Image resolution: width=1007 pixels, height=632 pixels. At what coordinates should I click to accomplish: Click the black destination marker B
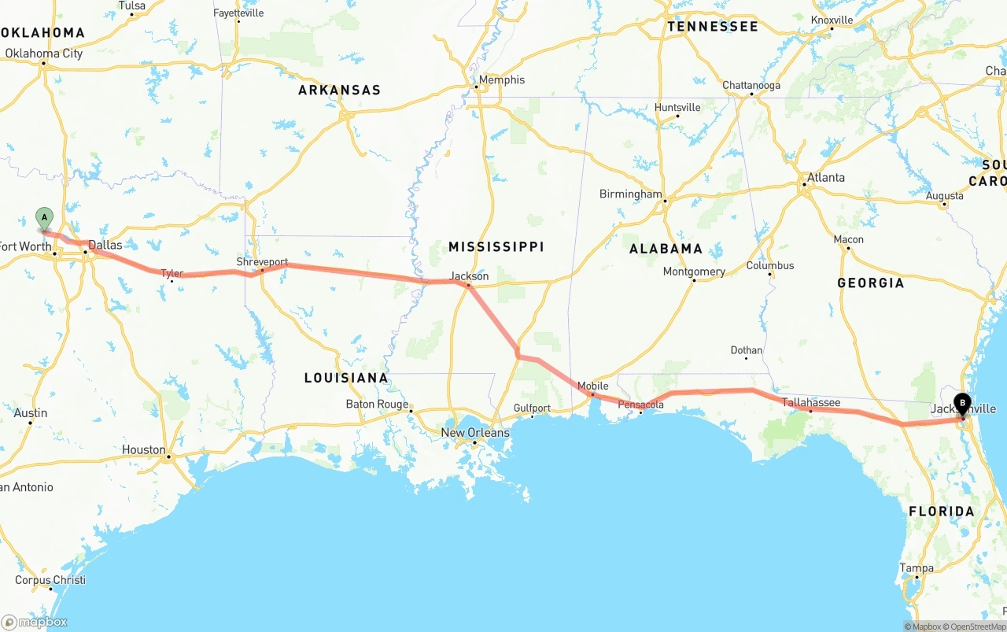[x=961, y=404]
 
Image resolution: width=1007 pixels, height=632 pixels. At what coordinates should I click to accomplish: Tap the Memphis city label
[x=501, y=79]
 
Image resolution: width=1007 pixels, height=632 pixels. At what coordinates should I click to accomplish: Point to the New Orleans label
[x=474, y=433]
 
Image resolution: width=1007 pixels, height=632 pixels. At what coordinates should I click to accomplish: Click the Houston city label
[x=143, y=449]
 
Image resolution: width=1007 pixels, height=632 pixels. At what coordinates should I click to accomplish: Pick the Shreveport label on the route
[x=262, y=261]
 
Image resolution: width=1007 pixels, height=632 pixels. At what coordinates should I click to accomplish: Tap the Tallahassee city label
[x=811, y=402]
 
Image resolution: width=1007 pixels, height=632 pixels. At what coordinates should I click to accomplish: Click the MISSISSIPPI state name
[x=496, y=246]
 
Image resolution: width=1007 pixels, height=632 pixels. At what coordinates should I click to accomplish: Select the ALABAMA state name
[x=666, y=249]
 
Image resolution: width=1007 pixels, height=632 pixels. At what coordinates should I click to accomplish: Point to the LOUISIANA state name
[x=346, y=378]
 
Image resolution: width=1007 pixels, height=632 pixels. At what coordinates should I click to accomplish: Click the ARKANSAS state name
[x=339, y=90]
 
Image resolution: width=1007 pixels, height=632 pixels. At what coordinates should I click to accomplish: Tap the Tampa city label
[x=917, y=567]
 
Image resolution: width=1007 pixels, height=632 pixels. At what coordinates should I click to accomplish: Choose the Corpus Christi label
[x=50, y=580]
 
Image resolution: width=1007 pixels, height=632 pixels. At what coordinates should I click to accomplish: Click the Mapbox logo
[x=35, y=622]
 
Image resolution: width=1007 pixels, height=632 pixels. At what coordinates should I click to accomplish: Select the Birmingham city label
[x=630, y=194]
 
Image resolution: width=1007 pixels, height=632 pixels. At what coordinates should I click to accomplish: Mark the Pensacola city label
[x=640, y=405]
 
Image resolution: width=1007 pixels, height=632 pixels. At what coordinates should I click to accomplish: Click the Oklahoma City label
[x=43, y=54]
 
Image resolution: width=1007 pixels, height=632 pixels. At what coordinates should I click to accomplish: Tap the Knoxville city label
[x=832, y=20]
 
